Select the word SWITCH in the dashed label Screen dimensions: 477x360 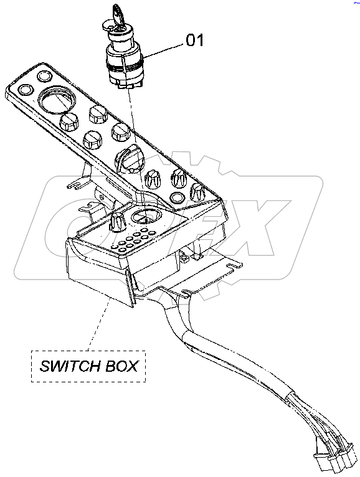pos(66,365)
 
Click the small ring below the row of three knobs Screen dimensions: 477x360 pos(178,198)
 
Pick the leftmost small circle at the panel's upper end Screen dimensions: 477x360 pos(26,90)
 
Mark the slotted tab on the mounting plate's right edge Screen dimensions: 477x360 pos(232,266)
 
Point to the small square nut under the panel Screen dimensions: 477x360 pos(186,255)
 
